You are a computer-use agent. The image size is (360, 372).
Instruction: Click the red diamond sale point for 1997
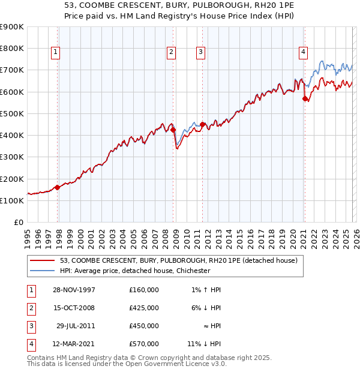point(58,187)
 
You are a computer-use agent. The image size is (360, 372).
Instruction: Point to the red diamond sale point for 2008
point(173,130)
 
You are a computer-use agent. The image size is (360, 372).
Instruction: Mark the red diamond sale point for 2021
point(305,98)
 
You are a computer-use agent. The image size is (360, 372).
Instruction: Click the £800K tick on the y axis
point(12,49)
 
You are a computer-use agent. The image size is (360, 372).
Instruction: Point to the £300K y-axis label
point(12,157)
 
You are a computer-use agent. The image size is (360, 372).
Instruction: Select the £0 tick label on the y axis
point(18,223)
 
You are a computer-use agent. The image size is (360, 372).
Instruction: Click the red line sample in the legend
point(43,260)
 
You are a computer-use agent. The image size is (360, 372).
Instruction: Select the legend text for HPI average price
point(135,271)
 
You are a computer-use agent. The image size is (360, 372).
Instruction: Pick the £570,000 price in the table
point(144,344)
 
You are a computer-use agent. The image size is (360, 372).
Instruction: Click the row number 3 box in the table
point(29,326)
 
